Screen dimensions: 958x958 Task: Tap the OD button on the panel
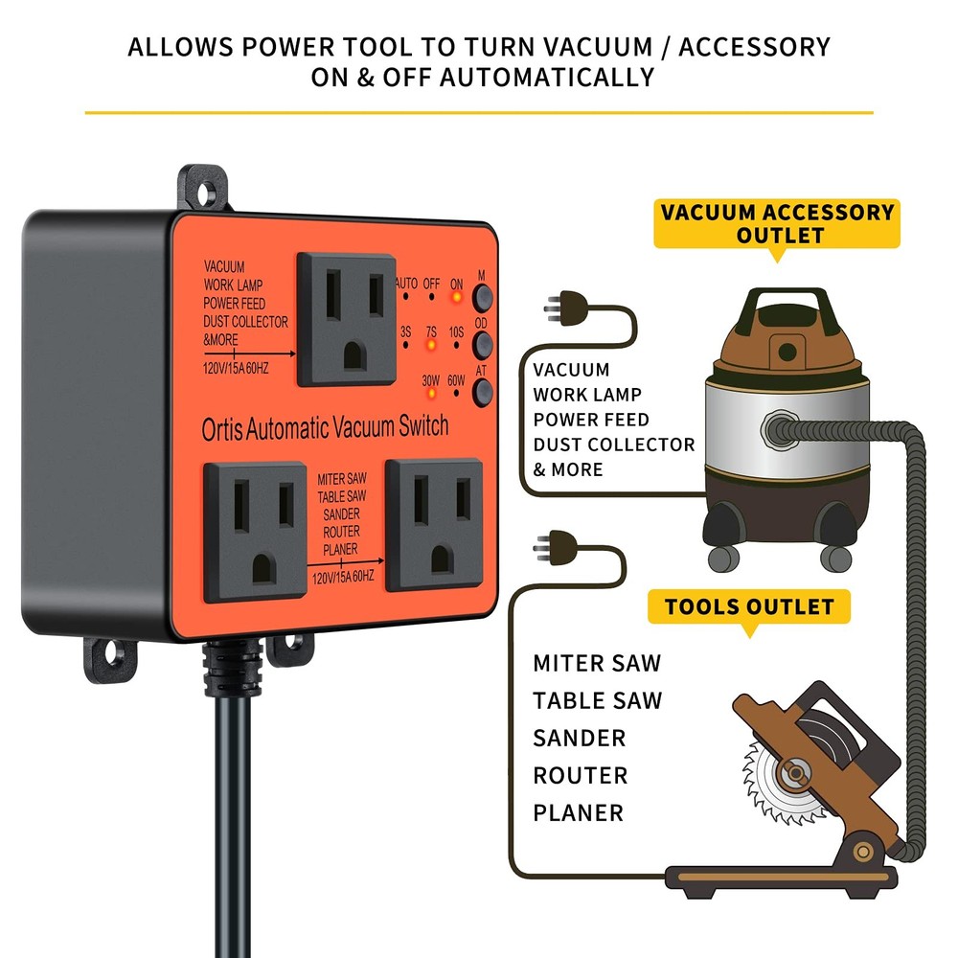[x=482, y=342]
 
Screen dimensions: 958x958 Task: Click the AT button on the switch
[x=482, y=389]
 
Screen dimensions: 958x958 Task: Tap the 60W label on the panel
[x=456, y=380]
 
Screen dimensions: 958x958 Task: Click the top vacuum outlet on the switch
[x=346, y=319]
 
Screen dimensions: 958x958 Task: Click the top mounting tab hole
[x=204, y=186]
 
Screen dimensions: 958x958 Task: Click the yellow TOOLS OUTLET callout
[x=748, y=606]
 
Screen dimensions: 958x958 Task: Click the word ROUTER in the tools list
[x=581, y=775]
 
